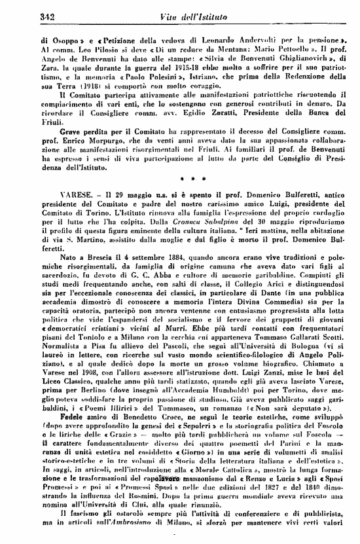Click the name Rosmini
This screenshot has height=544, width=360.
tap(132, 515)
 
